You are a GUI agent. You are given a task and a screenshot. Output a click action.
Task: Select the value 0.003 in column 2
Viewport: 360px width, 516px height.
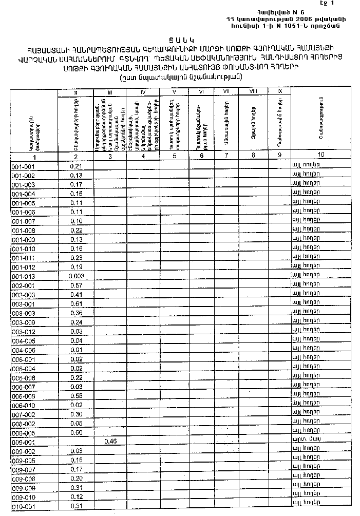(75, 276)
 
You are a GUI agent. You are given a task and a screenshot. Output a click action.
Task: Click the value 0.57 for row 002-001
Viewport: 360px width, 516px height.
(76, 285)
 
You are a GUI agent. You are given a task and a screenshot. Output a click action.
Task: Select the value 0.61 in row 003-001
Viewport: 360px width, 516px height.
(76, 303)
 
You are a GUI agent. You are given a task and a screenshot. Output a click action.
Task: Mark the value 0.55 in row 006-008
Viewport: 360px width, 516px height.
(76, 396)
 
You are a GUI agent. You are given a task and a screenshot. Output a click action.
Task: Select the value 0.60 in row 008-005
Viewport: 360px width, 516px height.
(76, 432)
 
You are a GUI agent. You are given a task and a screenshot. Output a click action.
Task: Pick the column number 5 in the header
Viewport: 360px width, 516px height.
(175, 155)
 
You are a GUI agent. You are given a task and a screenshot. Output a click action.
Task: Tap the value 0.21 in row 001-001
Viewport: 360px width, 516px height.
(76, 166)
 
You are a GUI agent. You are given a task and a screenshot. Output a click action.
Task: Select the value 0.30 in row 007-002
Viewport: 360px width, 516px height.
(76, 414)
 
